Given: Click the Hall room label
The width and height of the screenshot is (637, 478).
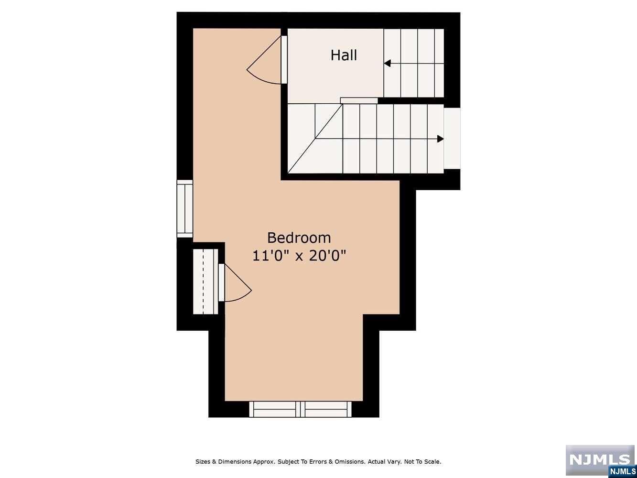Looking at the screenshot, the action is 344,55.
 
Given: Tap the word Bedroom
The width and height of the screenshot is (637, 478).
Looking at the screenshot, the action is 299,238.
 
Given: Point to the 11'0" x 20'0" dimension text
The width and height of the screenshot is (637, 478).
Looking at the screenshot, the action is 299,256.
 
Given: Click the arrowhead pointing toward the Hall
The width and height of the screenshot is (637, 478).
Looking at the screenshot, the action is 388,63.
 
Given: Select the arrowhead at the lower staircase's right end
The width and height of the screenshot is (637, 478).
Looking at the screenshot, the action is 440,139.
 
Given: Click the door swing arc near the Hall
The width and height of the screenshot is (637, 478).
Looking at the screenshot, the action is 261,78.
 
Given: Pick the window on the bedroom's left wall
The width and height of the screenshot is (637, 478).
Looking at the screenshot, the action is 185,208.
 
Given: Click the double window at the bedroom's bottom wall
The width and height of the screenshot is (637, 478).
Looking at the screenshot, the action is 301,409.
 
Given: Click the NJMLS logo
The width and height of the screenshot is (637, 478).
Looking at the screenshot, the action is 601,461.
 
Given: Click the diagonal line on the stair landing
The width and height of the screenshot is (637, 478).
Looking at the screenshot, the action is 315,139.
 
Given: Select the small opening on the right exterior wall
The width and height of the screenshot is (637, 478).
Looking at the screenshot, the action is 452,139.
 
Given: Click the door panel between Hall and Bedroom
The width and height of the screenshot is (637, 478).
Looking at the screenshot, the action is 284,59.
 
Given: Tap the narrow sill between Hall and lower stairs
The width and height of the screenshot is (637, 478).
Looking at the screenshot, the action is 359,100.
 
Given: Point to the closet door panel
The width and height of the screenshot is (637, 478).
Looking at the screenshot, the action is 221,282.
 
